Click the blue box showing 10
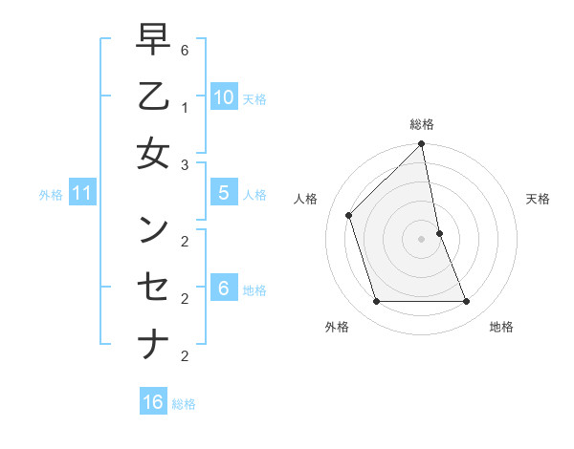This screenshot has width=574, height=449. pos(224,96)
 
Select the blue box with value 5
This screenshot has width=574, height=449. pos(224,192)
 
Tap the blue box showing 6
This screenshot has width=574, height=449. pos(224,288)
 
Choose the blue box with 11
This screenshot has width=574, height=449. pos(82,194)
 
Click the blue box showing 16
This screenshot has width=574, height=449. pos(153,402)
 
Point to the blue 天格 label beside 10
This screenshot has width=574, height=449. pos(254,98)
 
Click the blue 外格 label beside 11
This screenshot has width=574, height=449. pos(51,195)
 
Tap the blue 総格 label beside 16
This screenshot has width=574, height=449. pos(185,404)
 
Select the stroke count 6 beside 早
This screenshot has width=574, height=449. pos(185,50)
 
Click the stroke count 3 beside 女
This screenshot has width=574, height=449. pos(185,164)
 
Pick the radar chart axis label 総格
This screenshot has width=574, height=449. pos(422,124)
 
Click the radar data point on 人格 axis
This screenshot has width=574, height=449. pos(349,215)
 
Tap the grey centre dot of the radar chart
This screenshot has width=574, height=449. pos(422,239)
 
